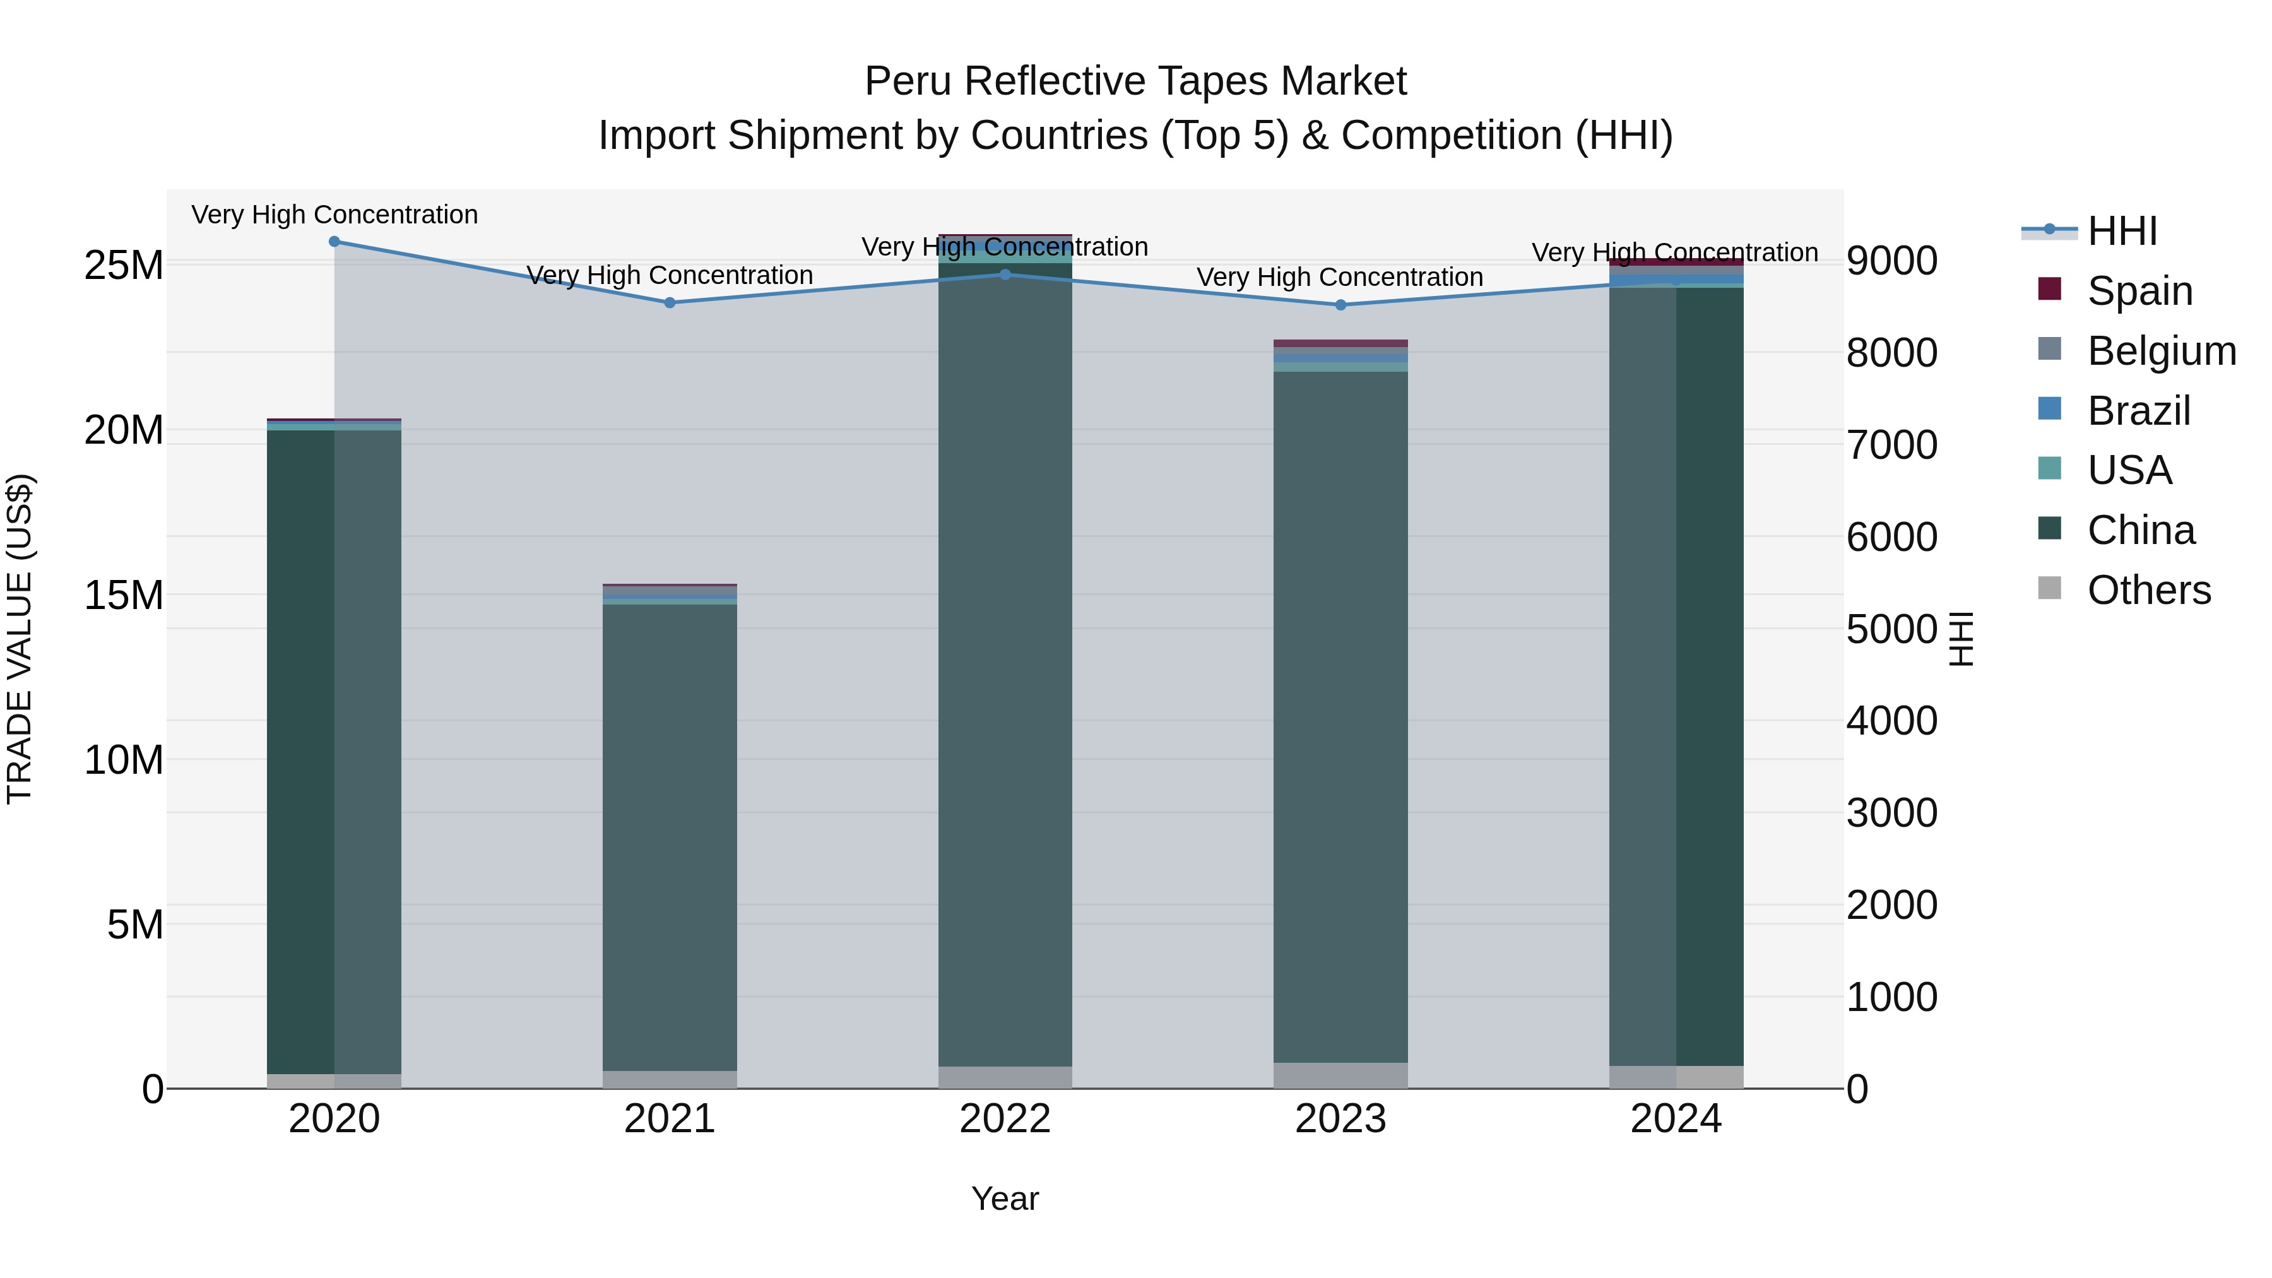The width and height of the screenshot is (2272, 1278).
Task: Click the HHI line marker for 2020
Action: [334, 242]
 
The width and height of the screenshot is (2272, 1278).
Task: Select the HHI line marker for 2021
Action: [670, 302]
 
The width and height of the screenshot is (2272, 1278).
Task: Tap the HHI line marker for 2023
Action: [1340, 305]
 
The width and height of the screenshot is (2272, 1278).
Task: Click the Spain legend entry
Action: [2139, 291]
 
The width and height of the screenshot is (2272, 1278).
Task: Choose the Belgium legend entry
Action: [2161, 351]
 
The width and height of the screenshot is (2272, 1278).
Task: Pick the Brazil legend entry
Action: [2138, 411]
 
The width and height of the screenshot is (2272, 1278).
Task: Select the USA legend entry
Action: [2128, 470]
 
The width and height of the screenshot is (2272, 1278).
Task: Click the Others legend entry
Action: [2148, 590]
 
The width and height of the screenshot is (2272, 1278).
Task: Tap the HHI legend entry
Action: [2121, 231]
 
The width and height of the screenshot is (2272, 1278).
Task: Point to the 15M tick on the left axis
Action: [124, 595]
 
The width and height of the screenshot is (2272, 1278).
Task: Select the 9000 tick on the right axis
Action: [1892, 261]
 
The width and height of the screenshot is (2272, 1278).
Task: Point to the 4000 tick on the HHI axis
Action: [1892, 721]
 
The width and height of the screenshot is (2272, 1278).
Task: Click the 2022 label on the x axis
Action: [1005, 1119]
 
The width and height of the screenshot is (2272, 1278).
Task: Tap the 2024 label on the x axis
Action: [1676, 1119]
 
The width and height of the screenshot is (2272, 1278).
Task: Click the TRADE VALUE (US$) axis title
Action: [20, 639]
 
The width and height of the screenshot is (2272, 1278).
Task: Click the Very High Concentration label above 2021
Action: [670, 275]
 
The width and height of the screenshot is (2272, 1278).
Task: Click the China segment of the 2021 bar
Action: [670, 838]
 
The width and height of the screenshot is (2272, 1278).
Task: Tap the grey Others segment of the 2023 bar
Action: [1340, 1075]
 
